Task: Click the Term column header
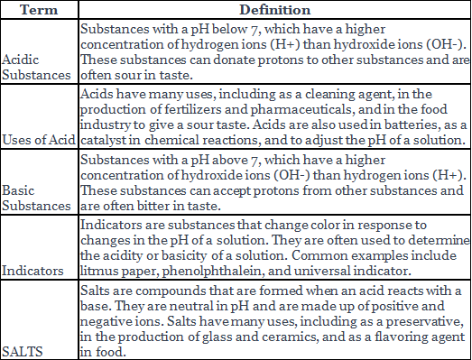point(39,8)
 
